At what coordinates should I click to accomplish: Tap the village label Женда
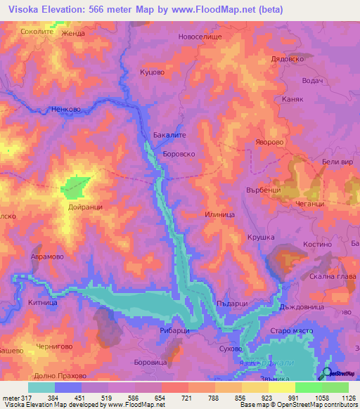tap(73, 33)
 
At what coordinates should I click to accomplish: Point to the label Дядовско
tap(286, 60)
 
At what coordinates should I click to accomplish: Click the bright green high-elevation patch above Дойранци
tap(76, 186)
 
